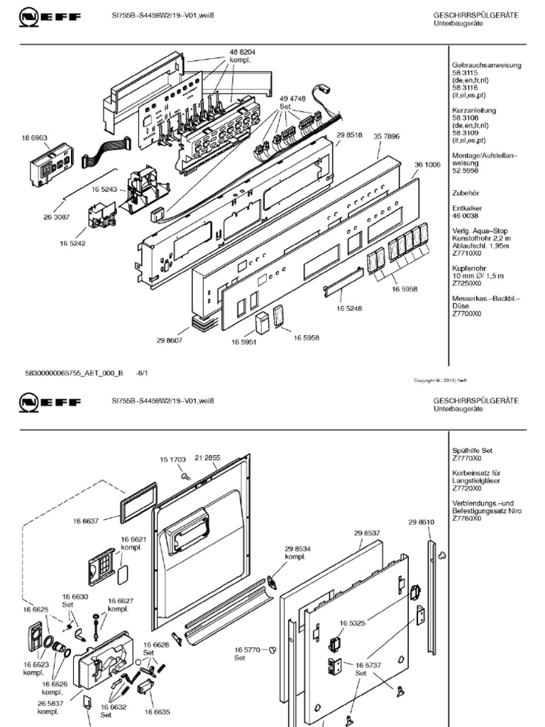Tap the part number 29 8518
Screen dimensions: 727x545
pyautogui.click(x=349, y=135)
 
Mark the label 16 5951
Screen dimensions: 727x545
pyautogui.click(x=243, y=342)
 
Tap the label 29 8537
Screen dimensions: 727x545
pyautogui.click(x=367, y=532)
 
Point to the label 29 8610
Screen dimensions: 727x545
pyautogui.click(x=421, y=523)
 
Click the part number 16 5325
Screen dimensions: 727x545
pyautogui.click(x=353, y=623)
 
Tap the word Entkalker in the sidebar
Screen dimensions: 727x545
pyautogui.click(x=468, y=207)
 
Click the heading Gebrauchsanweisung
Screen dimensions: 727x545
pyautogui.click(x=487, y=65)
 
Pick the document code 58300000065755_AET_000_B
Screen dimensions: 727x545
pyautogui.click(x=74, y=372)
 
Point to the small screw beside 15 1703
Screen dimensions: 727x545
pyautogui.click(x=183, y=476)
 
